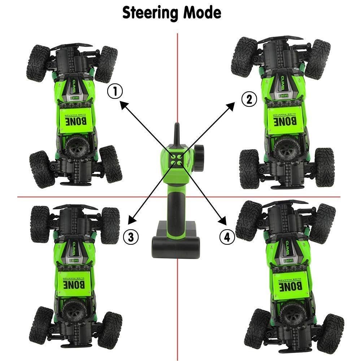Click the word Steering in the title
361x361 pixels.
(x=150, y=13)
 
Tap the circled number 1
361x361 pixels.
(x=115, y=92)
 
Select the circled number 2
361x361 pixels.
(x=249, y=99)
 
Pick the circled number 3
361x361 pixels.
(x=131, y=236)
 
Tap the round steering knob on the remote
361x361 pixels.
(x=199, y=155)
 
